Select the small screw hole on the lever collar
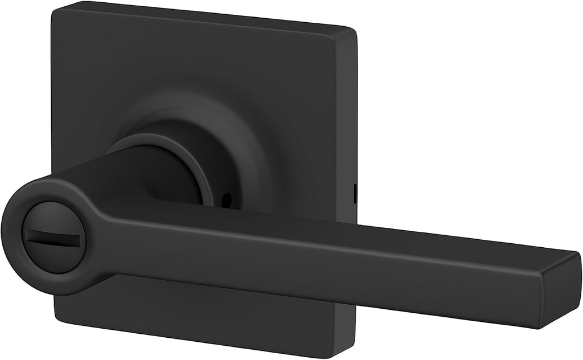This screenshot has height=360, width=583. point(227,200)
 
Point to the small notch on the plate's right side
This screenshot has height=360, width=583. point(355,193)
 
